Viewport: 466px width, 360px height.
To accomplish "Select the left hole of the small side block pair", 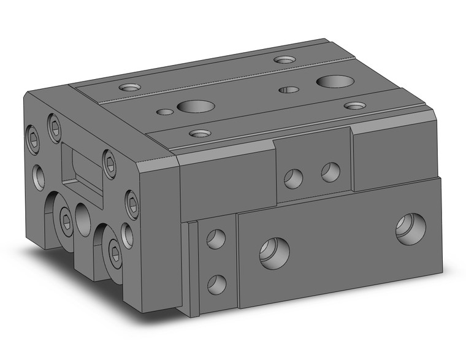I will (x=293, y=178).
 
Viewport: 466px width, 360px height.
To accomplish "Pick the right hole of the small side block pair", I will (x=330, y=172).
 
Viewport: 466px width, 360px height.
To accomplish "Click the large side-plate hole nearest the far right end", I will (x=410, y=229).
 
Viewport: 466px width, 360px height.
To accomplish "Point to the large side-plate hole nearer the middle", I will (x=273, y=251).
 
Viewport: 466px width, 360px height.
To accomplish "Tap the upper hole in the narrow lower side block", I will (x=215, y=239).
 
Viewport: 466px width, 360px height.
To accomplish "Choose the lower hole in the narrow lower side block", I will (x=215, y=283).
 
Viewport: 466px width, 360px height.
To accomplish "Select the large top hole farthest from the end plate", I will (x=332, y=81).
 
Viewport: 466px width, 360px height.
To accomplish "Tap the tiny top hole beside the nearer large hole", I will (x=164, y=112).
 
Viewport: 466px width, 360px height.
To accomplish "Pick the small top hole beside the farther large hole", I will (x=288, y=90).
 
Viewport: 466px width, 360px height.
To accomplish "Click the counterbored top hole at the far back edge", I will (x=284, y=59).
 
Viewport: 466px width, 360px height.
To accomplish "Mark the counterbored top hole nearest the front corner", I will (x=198, y=132).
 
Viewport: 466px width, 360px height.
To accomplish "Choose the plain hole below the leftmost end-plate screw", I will (x=39, y=176).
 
